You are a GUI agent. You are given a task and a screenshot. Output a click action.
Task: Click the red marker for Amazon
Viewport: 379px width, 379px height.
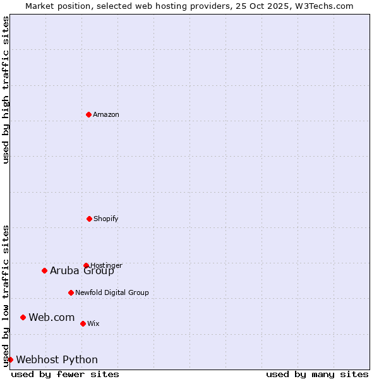(x=88, y=114)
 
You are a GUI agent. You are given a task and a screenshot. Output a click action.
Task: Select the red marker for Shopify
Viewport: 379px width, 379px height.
(x=89, y=219)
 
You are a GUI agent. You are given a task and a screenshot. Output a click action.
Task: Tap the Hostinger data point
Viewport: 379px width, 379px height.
(x=86, y=265)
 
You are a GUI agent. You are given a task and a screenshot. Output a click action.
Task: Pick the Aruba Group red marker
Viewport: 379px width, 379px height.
(x=44, y=270)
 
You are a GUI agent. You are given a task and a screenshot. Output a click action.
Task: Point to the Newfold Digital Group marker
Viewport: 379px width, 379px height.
(x=71, y=292)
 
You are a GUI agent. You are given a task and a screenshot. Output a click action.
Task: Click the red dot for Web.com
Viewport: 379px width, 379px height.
(x=23, y=317)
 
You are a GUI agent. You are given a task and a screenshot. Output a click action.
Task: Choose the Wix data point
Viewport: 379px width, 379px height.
(x=83, y=323)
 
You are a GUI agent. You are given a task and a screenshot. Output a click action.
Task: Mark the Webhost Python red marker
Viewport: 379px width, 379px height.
(x=10, y=359)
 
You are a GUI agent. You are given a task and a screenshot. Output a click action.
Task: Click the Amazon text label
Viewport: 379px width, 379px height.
(x=106, y=115)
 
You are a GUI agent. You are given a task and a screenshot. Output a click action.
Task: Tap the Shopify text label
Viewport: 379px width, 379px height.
(x=106, y=219)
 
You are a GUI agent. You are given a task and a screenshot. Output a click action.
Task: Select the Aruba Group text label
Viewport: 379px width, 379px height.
(x=82, y=271)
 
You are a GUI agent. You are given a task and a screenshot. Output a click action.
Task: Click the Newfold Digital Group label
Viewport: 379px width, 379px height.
(x=112, y=293)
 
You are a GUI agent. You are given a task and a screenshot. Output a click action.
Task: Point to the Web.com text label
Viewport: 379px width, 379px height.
(x=52, y=318)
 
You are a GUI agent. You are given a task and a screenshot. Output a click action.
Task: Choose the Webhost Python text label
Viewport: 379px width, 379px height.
(x=57, y=360)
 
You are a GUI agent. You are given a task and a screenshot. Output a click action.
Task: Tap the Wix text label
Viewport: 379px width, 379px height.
(x=93, y=324)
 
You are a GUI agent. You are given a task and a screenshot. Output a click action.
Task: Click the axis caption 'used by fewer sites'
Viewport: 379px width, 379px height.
(x=65, y=374)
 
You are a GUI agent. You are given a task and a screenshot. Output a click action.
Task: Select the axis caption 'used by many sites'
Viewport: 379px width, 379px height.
(x=317, y=374)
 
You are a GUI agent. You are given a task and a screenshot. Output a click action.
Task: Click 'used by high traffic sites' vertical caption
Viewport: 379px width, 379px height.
(x=6, y=90)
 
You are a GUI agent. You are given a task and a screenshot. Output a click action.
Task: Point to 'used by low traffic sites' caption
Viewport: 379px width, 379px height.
(x=6, y=296)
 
